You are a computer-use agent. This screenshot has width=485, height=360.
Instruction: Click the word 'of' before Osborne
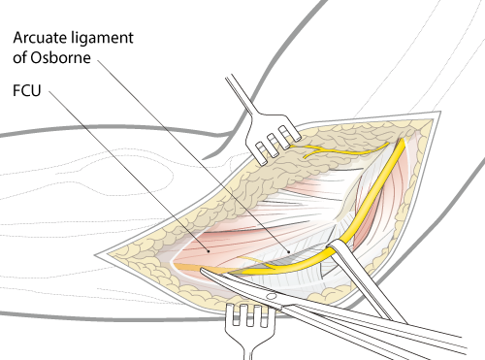24,59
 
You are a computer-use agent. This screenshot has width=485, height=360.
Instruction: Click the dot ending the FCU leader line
205,246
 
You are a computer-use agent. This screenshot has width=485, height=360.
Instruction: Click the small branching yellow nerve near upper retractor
335,151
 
